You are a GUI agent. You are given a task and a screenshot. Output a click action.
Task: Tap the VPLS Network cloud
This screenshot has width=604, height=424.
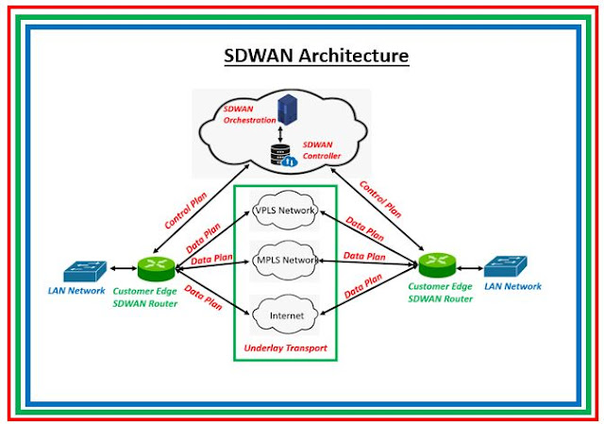pos(286,211)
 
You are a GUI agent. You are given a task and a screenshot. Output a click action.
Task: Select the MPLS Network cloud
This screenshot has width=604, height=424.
pos(286,260)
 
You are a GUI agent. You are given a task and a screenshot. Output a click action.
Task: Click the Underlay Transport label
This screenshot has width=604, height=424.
pos(285,348)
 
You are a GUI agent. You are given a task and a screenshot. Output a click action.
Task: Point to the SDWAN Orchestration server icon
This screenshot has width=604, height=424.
pos(285,107)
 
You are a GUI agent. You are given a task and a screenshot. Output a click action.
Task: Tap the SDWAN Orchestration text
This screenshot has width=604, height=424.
pos(249,115)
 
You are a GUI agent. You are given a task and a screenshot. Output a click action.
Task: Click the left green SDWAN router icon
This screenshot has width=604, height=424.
pos(152,267)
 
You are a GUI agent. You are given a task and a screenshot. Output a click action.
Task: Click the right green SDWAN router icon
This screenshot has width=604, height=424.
pos(435,262)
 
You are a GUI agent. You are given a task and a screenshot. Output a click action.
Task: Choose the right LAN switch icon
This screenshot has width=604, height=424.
pos(506,266)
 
